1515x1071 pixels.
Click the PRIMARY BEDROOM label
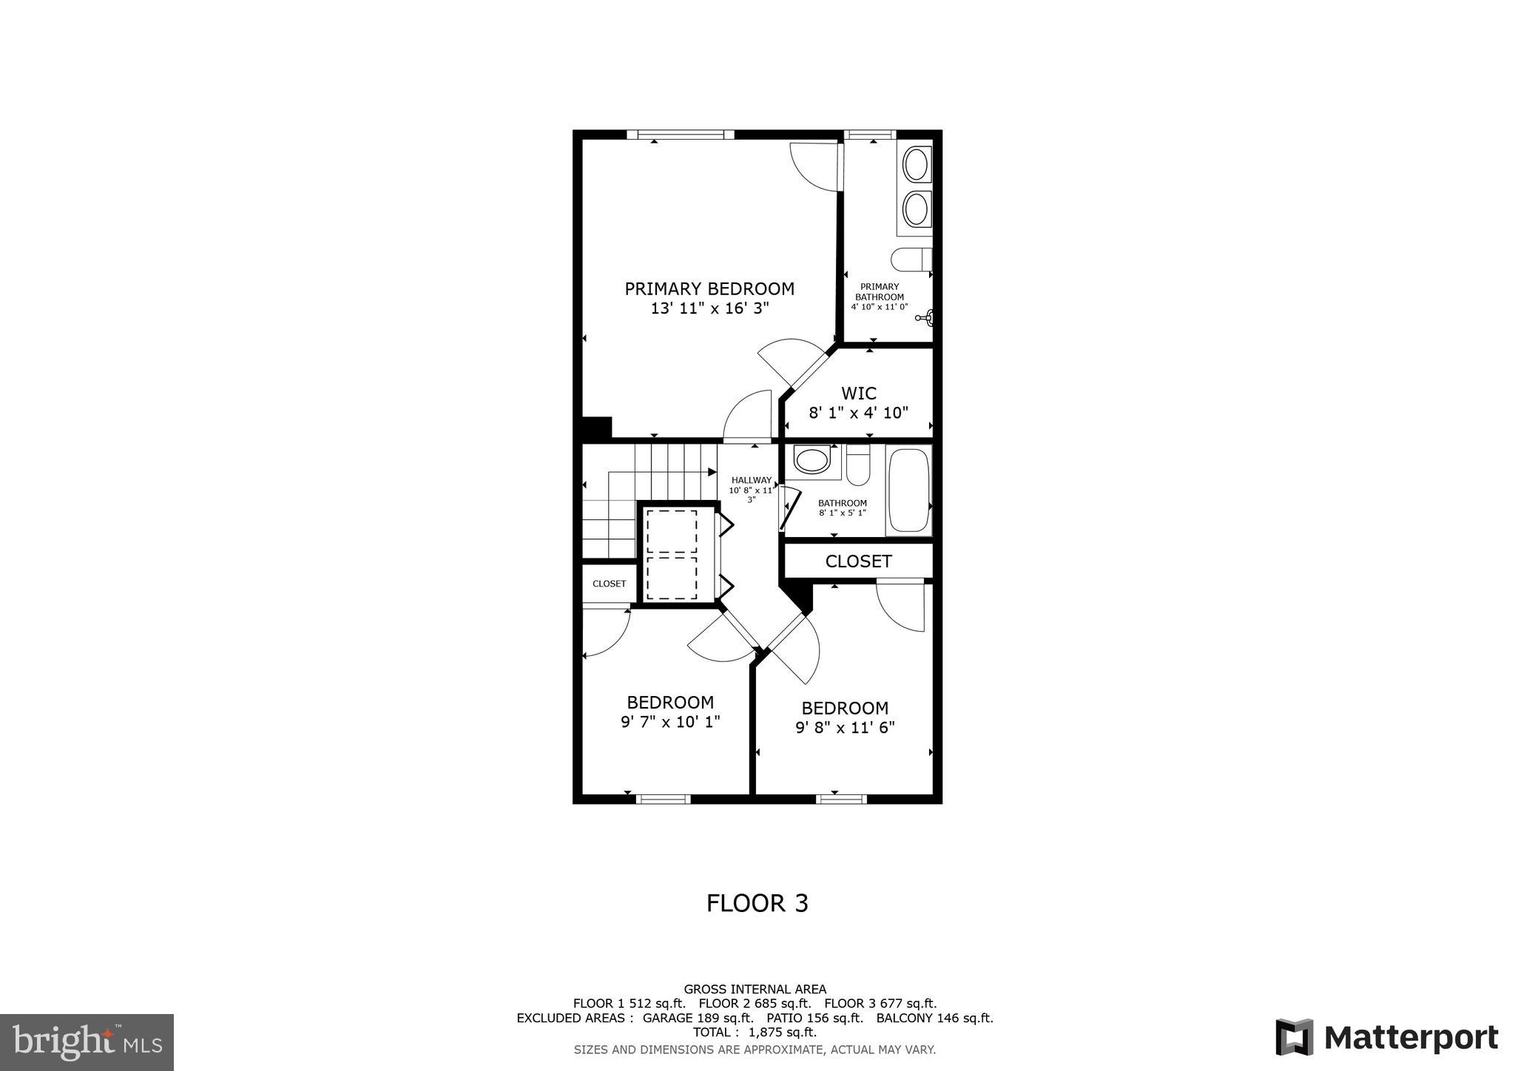point(709,288)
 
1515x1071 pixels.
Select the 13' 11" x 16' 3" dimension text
point(709,309)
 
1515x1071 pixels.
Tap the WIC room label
point(858,393)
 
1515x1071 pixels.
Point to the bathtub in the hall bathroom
point(908,490)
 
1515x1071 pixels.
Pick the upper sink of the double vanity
point(917,164)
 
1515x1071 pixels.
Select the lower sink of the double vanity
point(917,209)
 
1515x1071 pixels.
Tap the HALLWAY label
point(751,480)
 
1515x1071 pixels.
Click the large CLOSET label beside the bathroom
point(858,561)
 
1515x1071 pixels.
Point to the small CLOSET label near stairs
point(609,584)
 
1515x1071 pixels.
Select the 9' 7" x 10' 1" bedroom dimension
point(670,722)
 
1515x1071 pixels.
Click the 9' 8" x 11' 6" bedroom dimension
point(845,728)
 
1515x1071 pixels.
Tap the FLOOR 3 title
point(757,903)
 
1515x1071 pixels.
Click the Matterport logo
point(1386,1038)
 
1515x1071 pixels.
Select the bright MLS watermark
point(87,1042)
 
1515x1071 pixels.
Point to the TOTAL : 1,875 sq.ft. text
point(755,1033)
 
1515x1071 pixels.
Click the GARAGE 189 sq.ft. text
point(698,1018)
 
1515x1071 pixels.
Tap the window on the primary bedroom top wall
point(681,135)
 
